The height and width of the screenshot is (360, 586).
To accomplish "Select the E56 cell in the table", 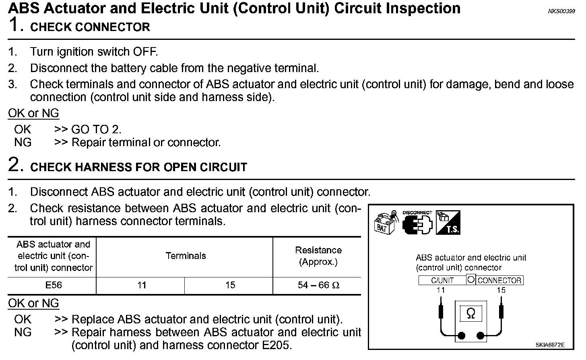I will (x=54, y=286).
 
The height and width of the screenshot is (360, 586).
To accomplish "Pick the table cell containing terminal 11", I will (x=141, y=286).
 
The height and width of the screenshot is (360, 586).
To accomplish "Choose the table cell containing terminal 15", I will (x=230, y=286).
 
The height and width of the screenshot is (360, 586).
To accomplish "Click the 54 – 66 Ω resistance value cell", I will (x=318, y=286).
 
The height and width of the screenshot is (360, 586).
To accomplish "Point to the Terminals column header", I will (x=186, y=256).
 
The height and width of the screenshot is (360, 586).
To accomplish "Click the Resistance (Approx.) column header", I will (x=318, y=256).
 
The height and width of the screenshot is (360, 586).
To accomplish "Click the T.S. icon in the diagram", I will (x=448, y=223).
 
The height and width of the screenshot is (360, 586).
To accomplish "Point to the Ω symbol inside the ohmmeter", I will (x=470, y=314).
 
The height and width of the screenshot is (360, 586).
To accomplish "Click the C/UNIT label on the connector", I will (x=442, y=281).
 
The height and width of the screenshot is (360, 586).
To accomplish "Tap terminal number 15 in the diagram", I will (x=501, y=290).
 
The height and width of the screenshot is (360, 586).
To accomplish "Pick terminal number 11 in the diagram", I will (x=441, y=290).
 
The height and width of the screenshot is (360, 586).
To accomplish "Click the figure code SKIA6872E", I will (x=550, y=345).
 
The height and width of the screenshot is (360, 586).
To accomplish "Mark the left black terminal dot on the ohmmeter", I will (x=461, y=336).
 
